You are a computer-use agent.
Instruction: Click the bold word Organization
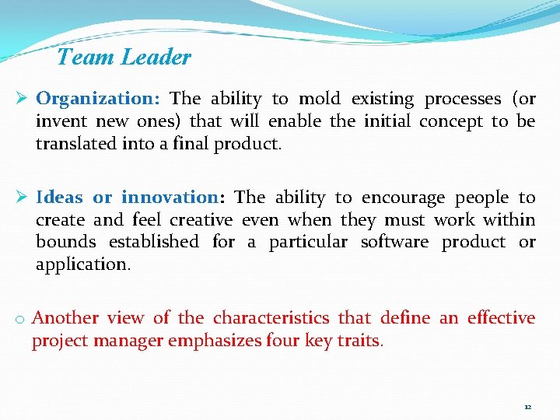pos(98,99)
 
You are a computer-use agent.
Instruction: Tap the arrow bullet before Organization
pos(23,99)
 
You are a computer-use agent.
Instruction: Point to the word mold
pos(320,99)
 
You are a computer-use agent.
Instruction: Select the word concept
pos(451,121)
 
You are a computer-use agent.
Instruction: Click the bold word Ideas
pos(59,198)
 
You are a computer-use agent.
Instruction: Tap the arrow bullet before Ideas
pos(23,198)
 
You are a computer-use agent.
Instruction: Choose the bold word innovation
pos(169,198)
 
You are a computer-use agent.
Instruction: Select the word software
pos(394,242)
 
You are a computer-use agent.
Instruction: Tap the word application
pos(82,264)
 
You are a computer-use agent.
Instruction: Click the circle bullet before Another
pos(21,319)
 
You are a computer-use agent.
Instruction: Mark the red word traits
pos(359,340)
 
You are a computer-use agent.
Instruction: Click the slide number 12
pos(527,407)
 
